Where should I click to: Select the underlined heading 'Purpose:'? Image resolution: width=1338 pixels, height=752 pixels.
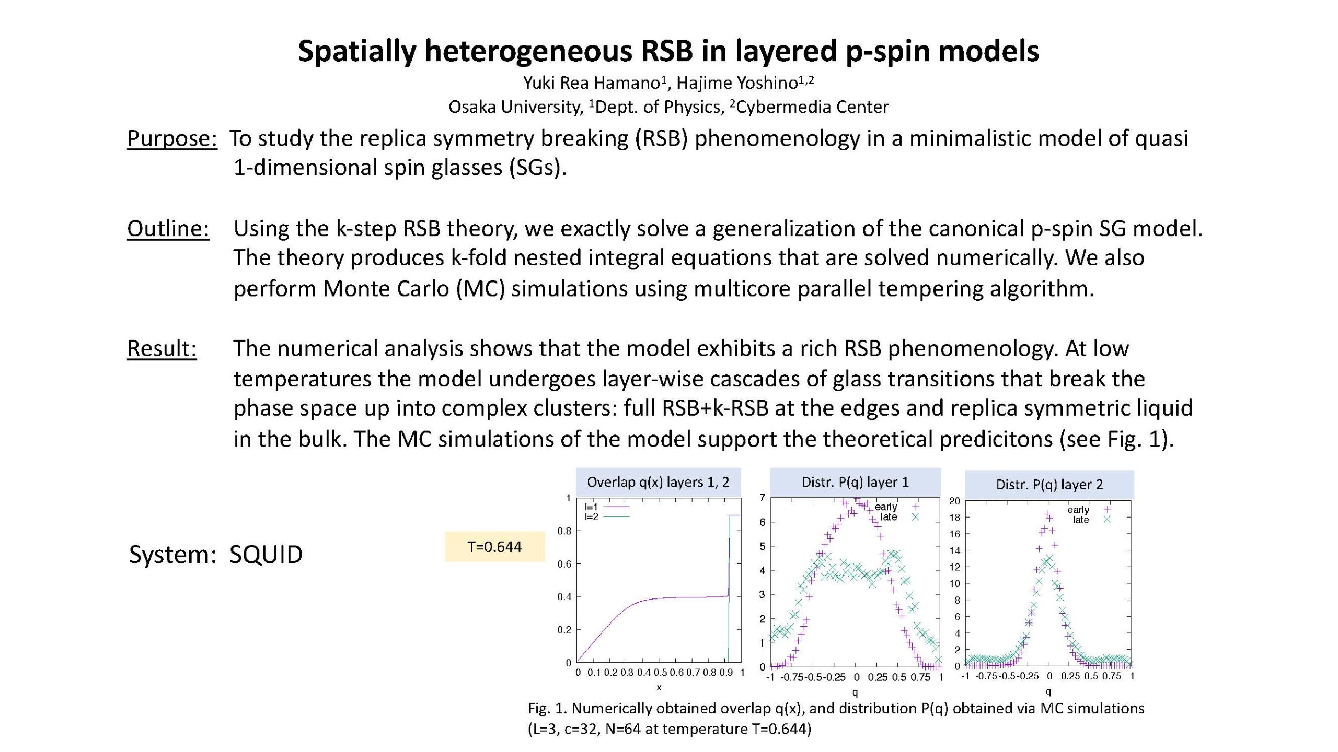point(172,138)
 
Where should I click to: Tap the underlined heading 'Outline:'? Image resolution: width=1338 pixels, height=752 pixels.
point(168,229)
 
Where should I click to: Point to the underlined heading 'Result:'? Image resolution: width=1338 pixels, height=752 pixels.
point(162,348)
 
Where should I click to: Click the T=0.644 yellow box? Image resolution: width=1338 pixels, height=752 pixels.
point(494,547)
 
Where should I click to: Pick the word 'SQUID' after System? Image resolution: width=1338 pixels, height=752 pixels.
point(266,555)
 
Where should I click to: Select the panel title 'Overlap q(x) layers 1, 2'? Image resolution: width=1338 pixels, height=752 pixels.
point(658,482)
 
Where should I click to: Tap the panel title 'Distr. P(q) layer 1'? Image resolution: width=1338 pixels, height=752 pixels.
point(855,482)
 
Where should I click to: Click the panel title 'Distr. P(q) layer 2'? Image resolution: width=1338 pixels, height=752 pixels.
point(1049,485)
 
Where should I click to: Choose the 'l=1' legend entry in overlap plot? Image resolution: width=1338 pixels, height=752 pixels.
point(607,507)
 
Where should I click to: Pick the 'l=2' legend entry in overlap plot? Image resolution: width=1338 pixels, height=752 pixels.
point(607,516)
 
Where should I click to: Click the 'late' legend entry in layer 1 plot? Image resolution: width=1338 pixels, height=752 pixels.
point(899,517)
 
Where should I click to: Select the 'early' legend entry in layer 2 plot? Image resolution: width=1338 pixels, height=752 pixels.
point(1089,510)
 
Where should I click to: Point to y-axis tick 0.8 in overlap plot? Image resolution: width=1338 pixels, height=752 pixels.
point(564,531)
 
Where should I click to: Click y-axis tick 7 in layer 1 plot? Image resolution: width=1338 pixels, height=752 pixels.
point(763,498)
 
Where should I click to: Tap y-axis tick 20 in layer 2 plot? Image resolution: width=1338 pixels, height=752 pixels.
point(954,501)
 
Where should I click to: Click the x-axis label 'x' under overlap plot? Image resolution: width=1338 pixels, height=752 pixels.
point(659,688)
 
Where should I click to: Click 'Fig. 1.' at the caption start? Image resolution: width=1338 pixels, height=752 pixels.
point(547,709)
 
